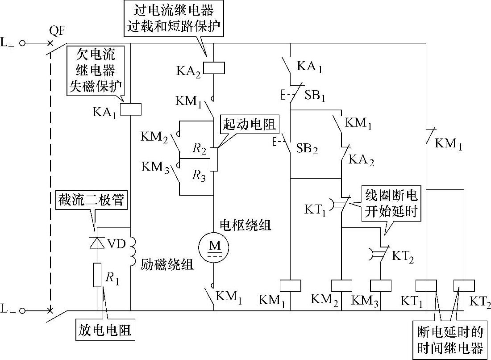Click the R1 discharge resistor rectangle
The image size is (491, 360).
(x=97, y=275)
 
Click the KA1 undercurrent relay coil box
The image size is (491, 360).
(x=131, y=109)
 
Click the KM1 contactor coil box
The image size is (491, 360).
(x=290, y=285)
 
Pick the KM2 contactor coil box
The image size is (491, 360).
(x=341, y=285)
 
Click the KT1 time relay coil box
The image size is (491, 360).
(x=426, y=285)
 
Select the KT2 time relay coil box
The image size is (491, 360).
(x=465, y=285)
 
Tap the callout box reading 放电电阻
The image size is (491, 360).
(x=105, y=331)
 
